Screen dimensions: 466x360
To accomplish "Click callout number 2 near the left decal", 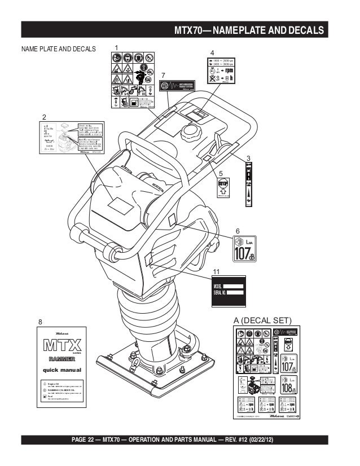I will [44, 117].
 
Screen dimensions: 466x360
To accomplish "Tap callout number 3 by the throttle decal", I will [248, 156].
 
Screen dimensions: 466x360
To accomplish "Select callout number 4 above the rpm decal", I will [213, 54].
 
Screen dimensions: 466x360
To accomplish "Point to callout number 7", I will [163, 75].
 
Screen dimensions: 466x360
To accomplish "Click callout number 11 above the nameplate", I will [217, 272].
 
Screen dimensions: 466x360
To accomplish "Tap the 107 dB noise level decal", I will [244, 249].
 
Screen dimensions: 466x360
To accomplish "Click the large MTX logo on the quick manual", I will [63, 344].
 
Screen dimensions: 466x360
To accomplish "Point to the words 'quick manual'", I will [63, 370].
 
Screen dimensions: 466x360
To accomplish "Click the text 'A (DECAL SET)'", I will [263, 320].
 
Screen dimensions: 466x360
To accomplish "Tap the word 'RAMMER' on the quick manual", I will [63, 358].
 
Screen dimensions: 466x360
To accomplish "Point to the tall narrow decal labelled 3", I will [248, 184].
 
